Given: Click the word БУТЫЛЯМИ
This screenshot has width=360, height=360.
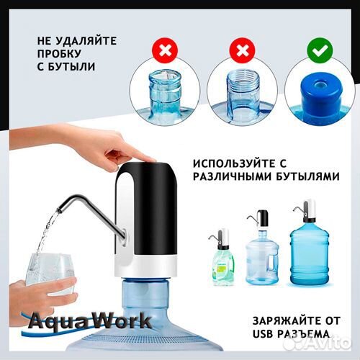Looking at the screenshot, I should [x=299, y=175].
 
